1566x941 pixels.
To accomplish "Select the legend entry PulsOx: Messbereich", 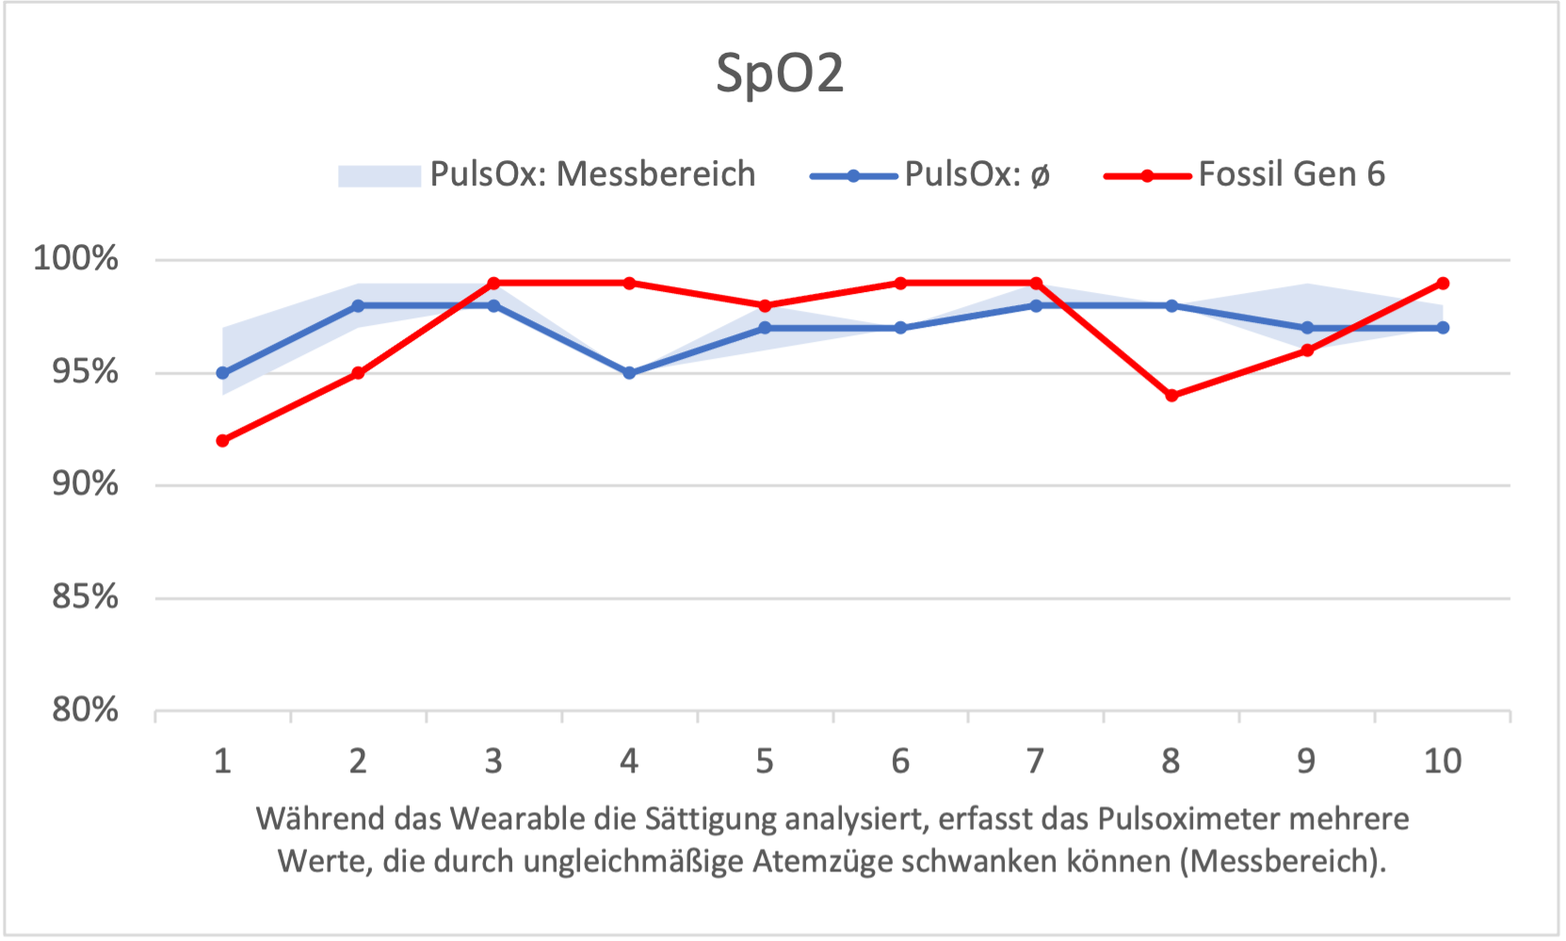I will [592, 175].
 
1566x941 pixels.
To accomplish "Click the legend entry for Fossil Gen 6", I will [1291, 175].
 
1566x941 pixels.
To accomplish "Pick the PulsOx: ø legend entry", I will [977, 175].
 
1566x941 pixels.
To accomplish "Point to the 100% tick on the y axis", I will [76, 258].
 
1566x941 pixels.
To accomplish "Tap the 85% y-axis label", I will [85, 597].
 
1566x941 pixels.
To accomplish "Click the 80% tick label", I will [85, 709].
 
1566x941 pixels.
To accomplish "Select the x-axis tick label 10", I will [1442, 761].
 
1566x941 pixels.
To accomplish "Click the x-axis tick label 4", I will [629, 761].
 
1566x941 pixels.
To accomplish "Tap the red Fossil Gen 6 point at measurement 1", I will [222, 441].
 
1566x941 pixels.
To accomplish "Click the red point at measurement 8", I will [1171, 396].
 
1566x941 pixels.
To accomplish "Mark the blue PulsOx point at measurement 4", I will [629, 373].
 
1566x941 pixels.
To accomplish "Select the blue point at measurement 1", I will [222, 373].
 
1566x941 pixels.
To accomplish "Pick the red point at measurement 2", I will [358, 373].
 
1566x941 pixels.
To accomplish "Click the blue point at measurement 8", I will [1171, 306].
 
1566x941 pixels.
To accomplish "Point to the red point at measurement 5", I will [765, 306].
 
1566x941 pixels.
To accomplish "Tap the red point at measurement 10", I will [1443, 284].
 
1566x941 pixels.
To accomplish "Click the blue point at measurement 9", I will [1307, 328].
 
